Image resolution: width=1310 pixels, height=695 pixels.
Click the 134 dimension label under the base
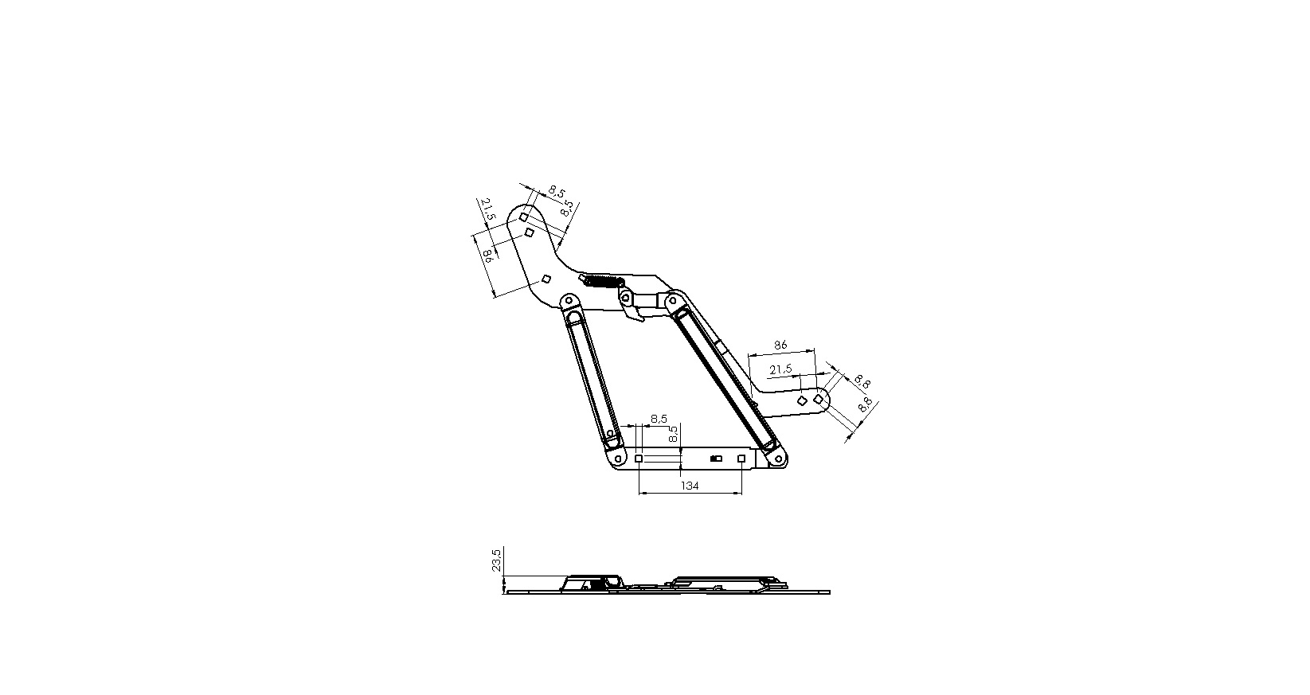[690, 485]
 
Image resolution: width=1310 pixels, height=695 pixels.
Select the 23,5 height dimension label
[496, 560]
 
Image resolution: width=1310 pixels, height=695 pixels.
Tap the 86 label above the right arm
[780, 345]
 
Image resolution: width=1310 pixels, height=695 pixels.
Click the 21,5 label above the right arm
[780, 369]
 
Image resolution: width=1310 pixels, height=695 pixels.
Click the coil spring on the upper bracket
[602, 281]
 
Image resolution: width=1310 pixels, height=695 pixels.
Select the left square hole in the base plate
[639, 459]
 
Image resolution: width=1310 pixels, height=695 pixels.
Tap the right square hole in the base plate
[741, 459]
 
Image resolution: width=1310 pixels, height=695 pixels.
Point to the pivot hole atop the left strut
[568, 302]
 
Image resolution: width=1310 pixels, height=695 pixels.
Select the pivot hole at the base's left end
[619, 459]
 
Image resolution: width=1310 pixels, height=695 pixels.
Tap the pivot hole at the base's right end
[776, 459]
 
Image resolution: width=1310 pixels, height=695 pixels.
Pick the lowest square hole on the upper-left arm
[546, 279]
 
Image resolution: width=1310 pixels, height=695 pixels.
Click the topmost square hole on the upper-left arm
[524, 217]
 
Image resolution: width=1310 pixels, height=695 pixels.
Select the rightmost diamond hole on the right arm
[818, 399]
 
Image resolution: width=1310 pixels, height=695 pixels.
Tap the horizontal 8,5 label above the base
[659, 419]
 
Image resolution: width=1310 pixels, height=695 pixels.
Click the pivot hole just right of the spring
[626, 298]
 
